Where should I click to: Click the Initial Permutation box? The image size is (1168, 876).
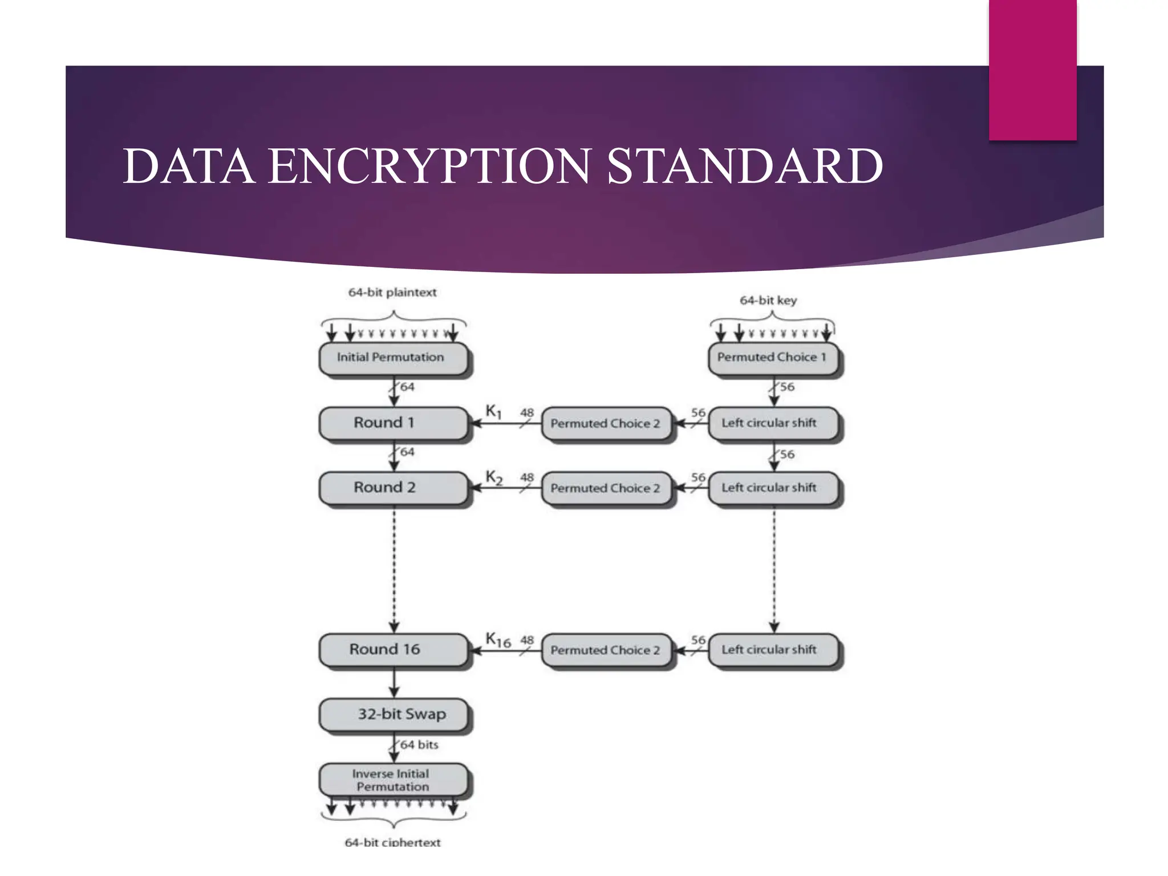coord(393,358)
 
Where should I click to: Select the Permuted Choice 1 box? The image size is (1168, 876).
coord(773,358)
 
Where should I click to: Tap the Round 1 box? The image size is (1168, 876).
coord(393,423)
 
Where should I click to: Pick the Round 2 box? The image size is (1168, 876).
coord(393,488)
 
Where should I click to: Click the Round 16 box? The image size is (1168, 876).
coord(393,650)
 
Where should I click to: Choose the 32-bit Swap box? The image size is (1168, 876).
coord(393,714)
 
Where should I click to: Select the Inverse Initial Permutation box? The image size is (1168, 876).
coord(393,780)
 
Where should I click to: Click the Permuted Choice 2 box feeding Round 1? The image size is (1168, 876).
coord(606,423)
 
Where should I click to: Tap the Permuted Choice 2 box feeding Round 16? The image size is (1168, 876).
coord(606,650)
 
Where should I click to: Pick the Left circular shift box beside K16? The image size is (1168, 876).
coord(773,650)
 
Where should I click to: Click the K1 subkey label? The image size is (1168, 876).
coord(493,411)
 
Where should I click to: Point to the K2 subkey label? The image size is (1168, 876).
coord(494,477)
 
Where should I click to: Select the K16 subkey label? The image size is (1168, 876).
coord(498,640)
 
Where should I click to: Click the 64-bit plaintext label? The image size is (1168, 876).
coord(392,293)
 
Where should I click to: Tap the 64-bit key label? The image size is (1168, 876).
coord(768,300)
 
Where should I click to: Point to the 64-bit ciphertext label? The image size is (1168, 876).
coord(392,842)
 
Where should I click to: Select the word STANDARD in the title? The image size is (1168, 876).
coord(744,166)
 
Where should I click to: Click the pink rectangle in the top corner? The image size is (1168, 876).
coord(1032,70)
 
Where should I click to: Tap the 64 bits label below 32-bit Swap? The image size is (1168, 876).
coord(419,745)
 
